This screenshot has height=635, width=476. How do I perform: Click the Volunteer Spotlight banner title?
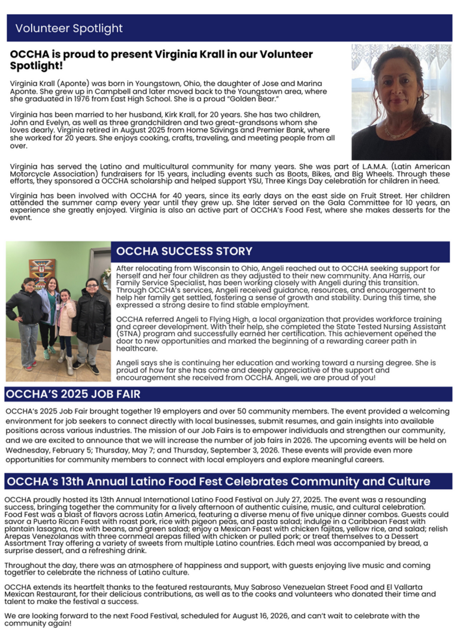[69, 28]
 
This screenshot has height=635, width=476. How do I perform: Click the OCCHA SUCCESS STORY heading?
[184, 251]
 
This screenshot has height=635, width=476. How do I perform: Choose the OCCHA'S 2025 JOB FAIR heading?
[73, 394]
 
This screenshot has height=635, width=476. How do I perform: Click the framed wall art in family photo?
[42, 271]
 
